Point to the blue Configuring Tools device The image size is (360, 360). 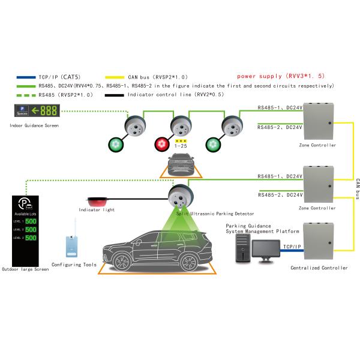70,246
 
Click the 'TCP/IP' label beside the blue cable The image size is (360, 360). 292,247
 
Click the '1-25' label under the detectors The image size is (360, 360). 181,146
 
